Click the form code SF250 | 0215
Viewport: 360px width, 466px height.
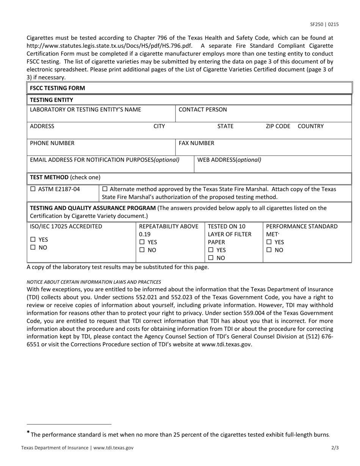324,25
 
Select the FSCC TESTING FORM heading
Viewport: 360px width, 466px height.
58,88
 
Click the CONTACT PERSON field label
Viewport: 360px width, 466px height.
203,109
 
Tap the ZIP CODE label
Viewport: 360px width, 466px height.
278,126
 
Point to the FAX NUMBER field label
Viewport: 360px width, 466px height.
196,143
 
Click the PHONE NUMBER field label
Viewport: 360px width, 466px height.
52,143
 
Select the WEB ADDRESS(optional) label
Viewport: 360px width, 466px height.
229,160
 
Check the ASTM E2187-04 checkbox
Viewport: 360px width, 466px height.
33,189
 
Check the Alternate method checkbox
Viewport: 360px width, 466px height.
105,189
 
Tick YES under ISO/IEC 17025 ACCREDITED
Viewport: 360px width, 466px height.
33,239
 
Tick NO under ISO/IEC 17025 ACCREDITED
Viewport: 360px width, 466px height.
33,247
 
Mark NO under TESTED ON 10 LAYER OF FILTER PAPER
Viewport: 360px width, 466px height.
211,258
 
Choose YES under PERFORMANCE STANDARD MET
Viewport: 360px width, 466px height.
269,242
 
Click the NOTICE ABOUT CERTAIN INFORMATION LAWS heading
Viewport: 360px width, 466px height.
94,282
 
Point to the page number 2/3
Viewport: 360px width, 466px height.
335,447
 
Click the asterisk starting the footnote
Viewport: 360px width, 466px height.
28,433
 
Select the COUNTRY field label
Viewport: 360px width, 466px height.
311,126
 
